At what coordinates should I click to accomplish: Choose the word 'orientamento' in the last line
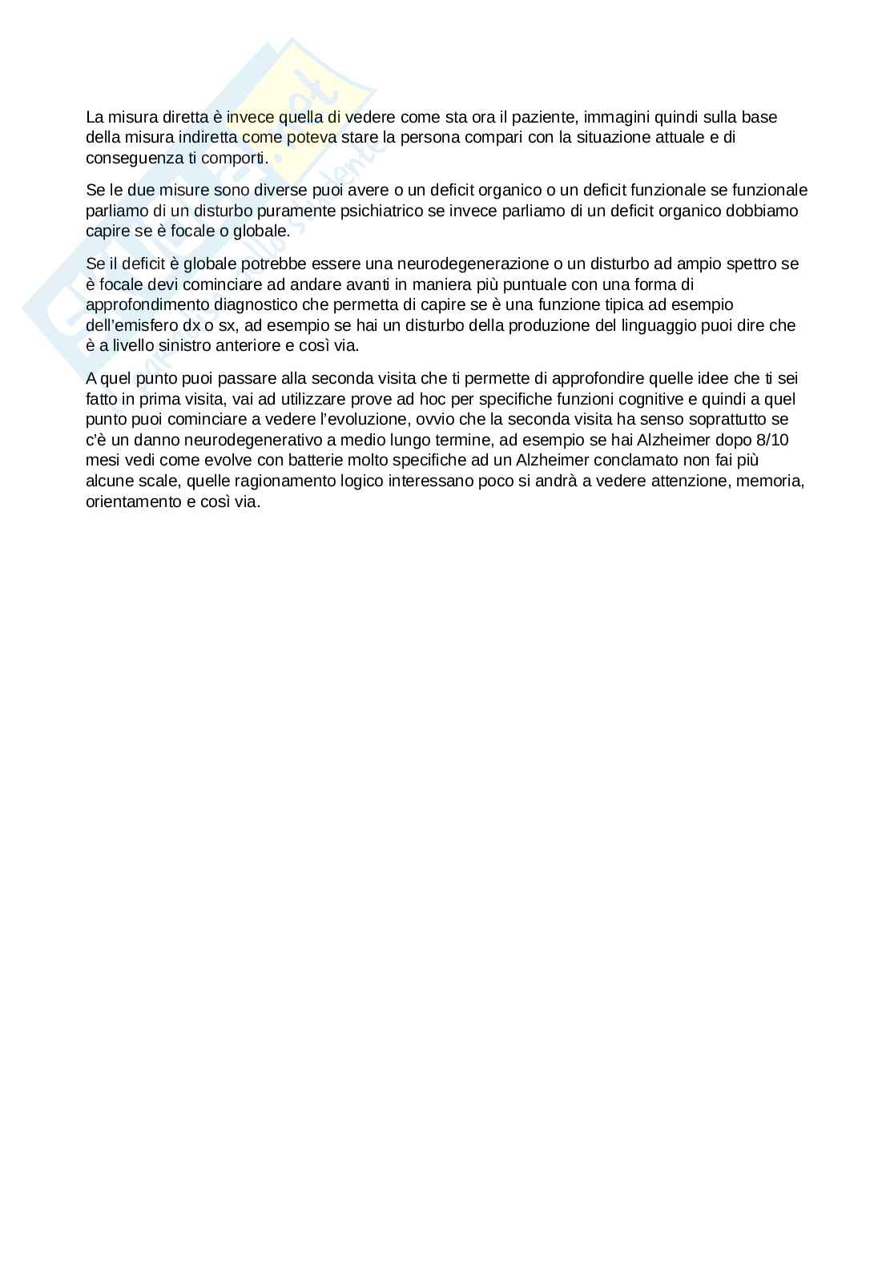(x=130, y=502)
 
